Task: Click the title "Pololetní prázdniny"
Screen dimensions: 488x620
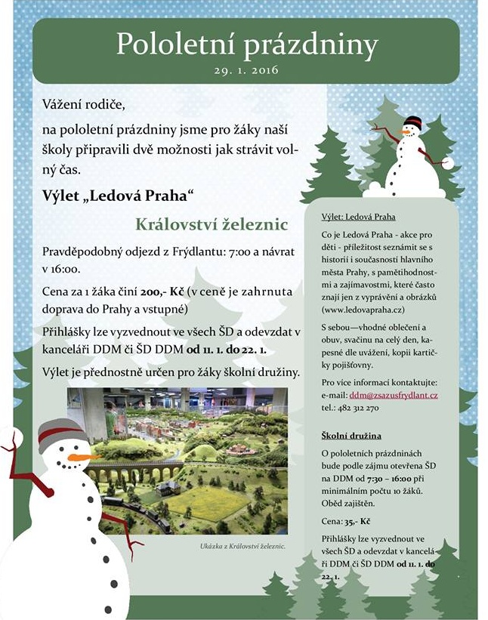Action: coord(246,45)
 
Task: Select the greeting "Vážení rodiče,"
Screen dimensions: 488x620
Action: coord(83,103)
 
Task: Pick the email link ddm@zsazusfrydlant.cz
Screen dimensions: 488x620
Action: coord(394,395)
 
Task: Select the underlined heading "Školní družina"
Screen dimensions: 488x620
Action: coord(351,436)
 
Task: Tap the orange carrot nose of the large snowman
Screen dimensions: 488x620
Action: coord(81,457)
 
